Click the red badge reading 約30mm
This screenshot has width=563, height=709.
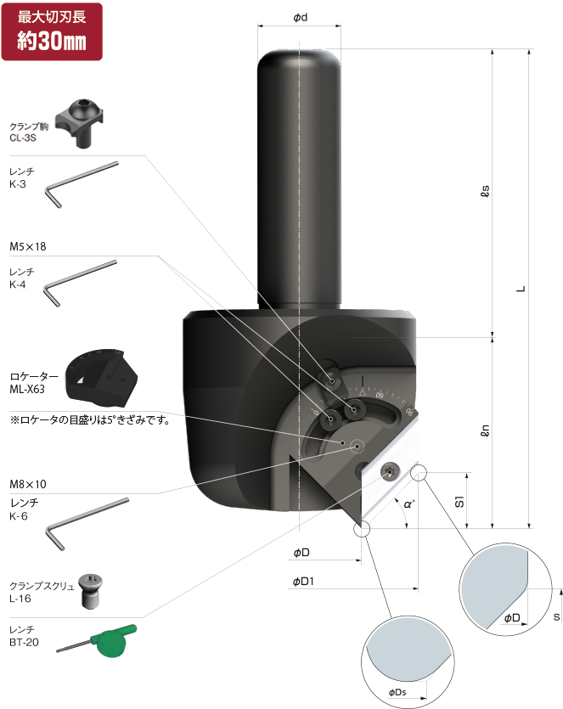[52, 31]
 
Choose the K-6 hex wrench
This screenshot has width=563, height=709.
[85, 521]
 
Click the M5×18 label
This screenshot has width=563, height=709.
[28, 246]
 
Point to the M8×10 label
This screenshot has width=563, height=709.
[28, 483]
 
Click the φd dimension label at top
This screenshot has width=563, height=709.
[300, 18]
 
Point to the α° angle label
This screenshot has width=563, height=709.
[409, 504]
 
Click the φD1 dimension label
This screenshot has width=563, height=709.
[304, 582]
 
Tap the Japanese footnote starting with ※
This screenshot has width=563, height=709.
[89, 419]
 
